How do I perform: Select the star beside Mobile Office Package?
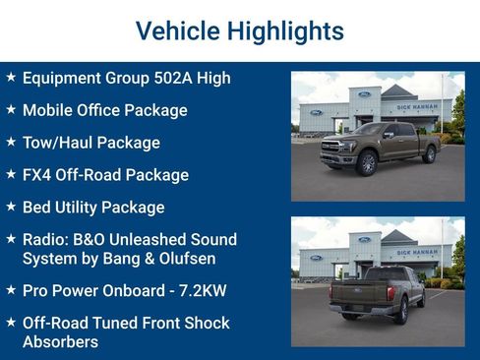11,109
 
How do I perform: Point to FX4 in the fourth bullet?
38,175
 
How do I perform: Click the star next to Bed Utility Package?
11,207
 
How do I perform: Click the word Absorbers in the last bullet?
60,341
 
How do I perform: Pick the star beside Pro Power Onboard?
11,290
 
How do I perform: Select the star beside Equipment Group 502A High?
11,77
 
